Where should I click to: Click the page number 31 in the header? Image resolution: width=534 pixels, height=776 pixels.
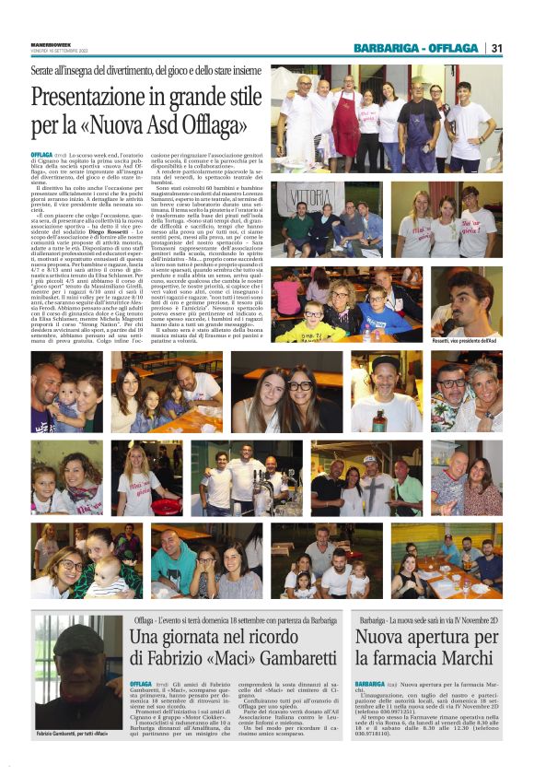click(x=496, y=48)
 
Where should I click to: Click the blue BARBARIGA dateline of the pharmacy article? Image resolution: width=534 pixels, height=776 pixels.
click(x=370, y=685)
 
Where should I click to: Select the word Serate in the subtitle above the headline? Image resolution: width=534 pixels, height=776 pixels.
click(x=44, y=71)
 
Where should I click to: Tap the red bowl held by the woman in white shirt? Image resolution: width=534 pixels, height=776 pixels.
click(x=167, y=505)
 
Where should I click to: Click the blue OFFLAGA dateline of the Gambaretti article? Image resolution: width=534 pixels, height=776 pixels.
click(x=144, y=685)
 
